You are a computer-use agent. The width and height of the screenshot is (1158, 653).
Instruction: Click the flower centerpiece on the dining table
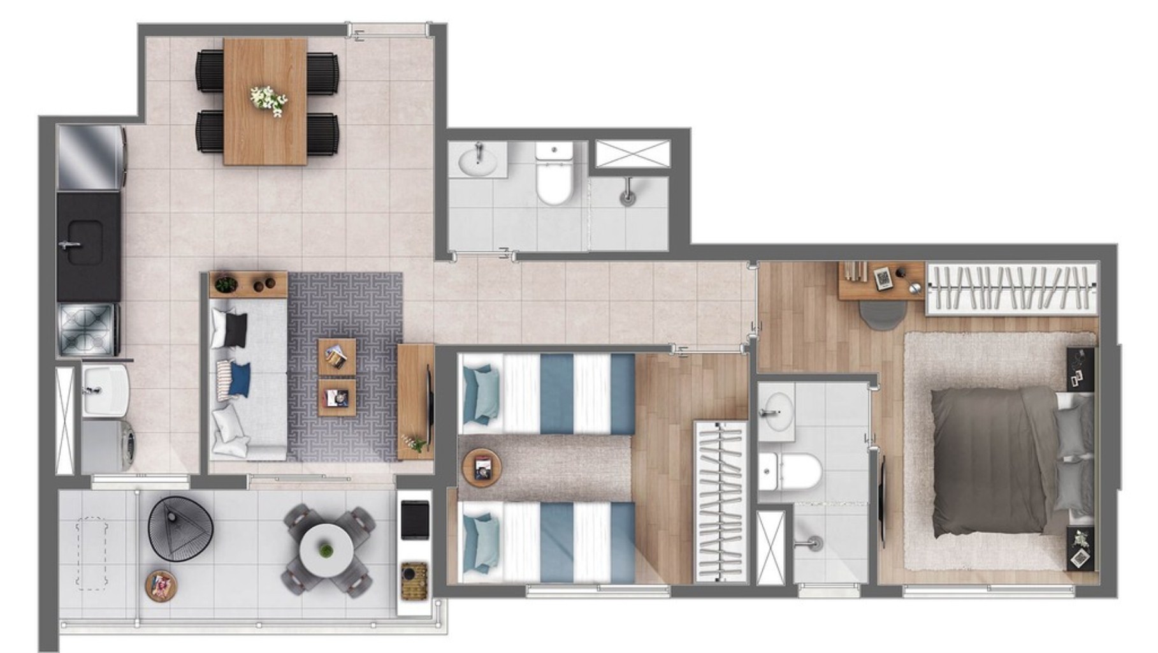[268, 99]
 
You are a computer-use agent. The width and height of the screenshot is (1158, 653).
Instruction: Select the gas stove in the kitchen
[87, 329]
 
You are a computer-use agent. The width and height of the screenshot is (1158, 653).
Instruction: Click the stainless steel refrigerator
[89, 158]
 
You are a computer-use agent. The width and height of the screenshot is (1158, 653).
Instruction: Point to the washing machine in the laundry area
[107, 444]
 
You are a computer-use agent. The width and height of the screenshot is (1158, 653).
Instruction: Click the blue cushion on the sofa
[240, 378]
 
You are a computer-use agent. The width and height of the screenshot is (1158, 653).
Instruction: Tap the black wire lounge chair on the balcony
[180, 529]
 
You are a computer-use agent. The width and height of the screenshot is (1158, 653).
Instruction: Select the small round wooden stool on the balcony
[161, 585]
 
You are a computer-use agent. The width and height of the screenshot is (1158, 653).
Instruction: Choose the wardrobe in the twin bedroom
[720, 501]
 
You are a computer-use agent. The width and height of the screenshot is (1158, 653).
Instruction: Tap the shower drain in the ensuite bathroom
[813, 543]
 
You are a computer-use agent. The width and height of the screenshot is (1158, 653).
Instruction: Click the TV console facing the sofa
[416, 402]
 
